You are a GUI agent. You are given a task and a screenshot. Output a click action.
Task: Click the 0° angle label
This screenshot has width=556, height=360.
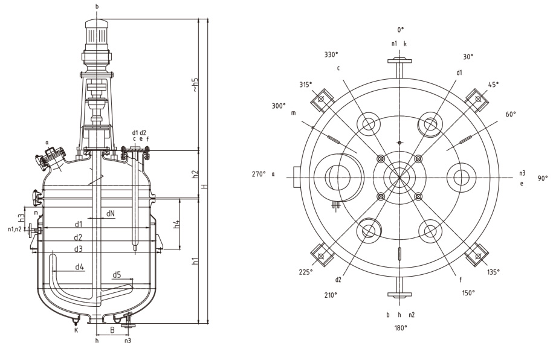[401, 30]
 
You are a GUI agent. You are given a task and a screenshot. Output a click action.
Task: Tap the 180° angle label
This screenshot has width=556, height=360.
[401, 328]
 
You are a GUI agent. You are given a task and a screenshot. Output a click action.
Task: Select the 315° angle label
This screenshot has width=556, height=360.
[306, 85]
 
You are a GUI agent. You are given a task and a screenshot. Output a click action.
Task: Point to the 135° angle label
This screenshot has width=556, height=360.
[493, 272]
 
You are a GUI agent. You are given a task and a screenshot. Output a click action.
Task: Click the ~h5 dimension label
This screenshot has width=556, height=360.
[195, 85]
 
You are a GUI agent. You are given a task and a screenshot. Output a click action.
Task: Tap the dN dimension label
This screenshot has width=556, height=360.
[110, 213]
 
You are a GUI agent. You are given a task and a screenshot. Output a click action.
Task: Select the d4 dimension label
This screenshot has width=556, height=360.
[79, 266]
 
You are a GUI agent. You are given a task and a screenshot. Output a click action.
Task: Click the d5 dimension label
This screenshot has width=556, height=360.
[117, 275]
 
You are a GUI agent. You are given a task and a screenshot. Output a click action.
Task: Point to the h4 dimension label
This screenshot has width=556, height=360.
[176, 224]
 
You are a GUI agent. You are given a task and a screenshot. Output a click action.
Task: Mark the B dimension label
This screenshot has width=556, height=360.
[112, 330]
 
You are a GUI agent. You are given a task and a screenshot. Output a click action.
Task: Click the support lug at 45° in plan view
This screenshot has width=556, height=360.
[477, 101]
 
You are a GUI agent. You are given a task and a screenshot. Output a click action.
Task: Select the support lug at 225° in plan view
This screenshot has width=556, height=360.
[322, 256]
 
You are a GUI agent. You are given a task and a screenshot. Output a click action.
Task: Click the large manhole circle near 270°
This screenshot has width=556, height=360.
[338, 178]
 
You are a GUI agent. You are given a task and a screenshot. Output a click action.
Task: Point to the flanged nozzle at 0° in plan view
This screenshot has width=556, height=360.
[399, 68]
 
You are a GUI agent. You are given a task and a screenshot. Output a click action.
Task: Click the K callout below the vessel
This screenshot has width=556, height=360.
[76, 330]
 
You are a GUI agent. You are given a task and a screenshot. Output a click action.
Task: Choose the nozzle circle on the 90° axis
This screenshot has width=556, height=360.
[462, 178]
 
